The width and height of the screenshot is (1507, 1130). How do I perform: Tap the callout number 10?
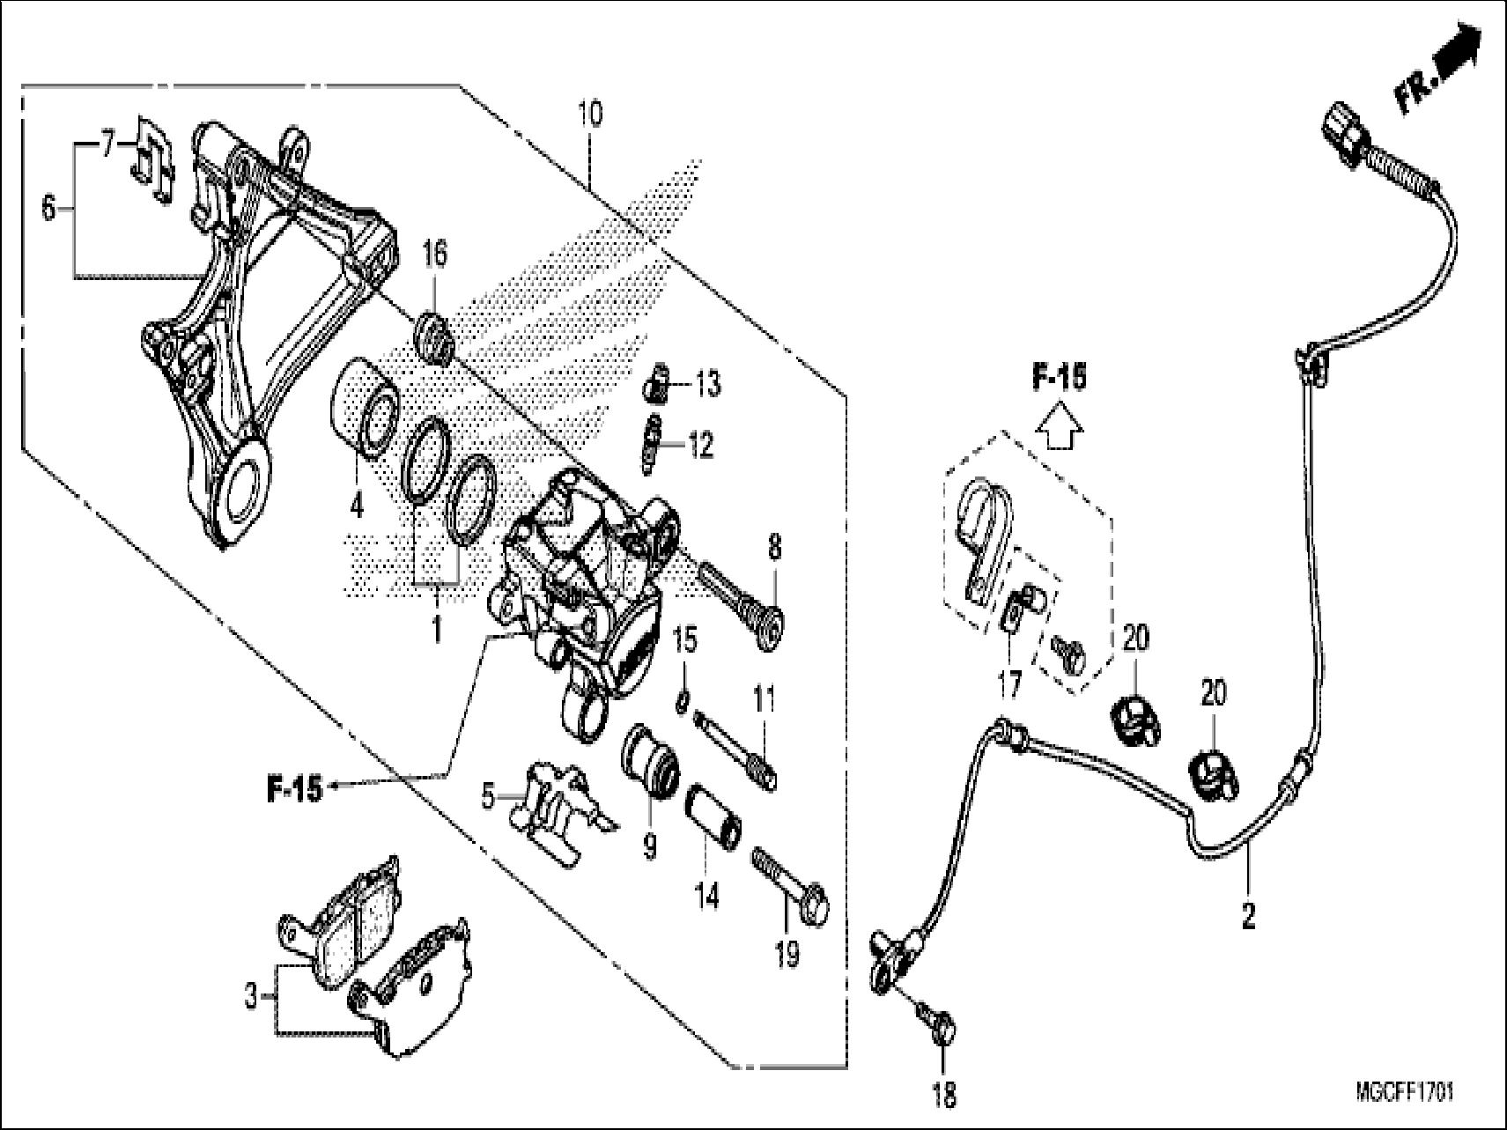[x=590, y=114]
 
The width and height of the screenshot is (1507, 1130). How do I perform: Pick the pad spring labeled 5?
[x=558, y=803]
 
